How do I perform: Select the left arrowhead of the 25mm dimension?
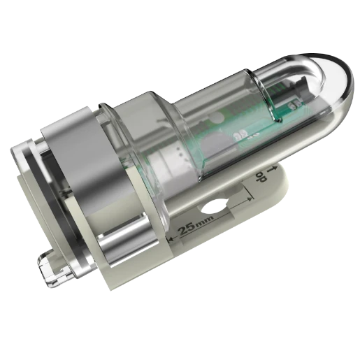pos(172,242)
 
